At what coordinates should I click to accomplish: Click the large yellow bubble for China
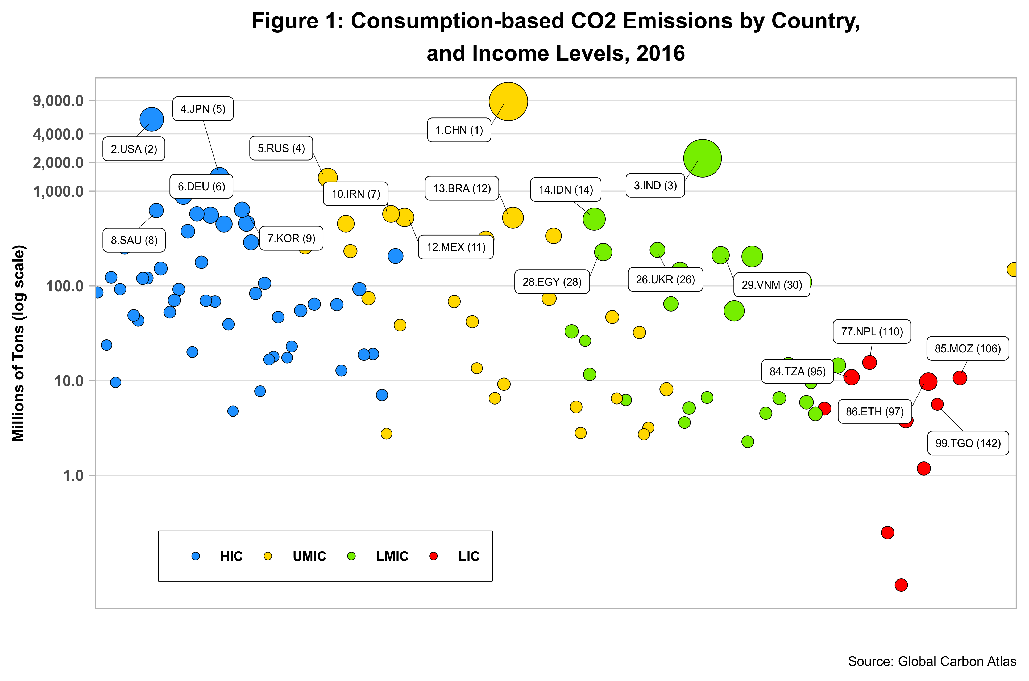point(508,102)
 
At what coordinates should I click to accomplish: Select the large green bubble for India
point(702,158)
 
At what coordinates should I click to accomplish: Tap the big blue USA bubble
point(152,119)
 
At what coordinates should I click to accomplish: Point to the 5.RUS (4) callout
point(281,148)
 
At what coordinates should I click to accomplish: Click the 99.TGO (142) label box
point(968,443)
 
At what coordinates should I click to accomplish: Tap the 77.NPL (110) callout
point(872,332)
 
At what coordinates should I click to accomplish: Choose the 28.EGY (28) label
point(552,282)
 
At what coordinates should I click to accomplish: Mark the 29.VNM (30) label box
point(772,285)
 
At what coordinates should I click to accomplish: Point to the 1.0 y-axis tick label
point(73,476)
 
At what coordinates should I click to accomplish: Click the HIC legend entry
point(231,556)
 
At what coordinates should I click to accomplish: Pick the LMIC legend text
point(392,556)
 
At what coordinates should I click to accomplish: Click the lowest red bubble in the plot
point(901,585)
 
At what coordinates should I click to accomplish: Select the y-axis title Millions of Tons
point(18,343)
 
